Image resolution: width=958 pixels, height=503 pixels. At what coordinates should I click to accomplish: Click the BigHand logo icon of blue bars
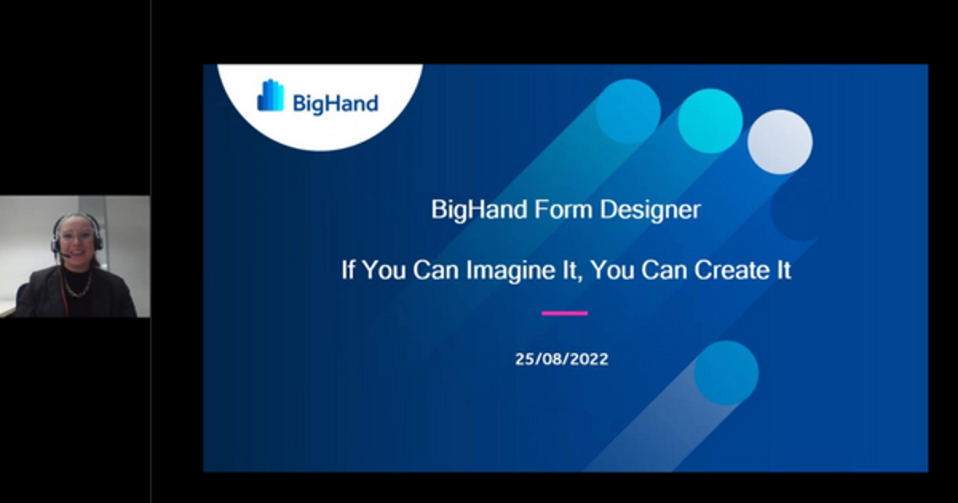[x=270, y=96]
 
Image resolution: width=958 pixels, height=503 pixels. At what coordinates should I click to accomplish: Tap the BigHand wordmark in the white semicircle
[x=335, y=103]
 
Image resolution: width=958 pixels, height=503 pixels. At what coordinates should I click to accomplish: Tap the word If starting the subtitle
[x=349, y=270]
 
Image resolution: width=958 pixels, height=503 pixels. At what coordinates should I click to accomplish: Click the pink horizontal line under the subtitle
[x=564, y=313]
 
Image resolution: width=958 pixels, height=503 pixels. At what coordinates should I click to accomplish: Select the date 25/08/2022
[x=561, y=359]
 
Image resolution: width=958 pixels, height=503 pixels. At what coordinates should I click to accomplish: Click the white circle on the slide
[x=780, y=141]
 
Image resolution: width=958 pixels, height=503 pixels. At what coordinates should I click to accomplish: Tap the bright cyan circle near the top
[x=710, y=121]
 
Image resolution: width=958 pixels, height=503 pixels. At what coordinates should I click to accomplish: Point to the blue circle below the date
[x=726, y=373]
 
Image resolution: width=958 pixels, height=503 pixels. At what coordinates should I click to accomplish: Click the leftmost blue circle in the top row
[x=628, y=111]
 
